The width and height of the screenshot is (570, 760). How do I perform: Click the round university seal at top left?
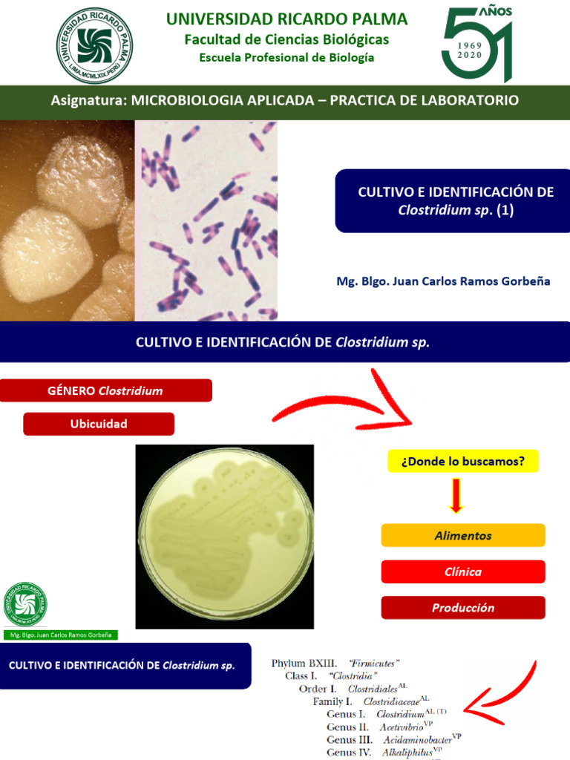point(94,45)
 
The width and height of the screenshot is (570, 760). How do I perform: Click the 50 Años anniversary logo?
point(478,45)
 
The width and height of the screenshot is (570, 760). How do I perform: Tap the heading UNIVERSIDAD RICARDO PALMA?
point(286,19)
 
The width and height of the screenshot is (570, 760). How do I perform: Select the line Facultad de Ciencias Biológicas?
point(286,40)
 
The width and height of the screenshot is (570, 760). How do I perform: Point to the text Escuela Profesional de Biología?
point(286,58)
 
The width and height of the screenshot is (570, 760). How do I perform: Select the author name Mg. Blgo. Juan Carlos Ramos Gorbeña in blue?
point(443,282)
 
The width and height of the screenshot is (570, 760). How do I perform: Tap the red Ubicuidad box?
point(99,424)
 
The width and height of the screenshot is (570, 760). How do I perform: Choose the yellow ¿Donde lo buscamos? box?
point(462,461)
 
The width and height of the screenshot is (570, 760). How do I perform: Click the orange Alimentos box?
point(462,535)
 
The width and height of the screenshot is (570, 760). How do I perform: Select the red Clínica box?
point(462,571)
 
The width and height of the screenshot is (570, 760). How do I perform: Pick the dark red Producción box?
point(462,608)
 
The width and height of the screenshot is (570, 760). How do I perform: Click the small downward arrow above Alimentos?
point(456,496)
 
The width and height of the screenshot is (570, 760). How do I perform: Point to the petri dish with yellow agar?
point(225,536)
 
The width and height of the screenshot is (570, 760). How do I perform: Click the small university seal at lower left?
point(24,604)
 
